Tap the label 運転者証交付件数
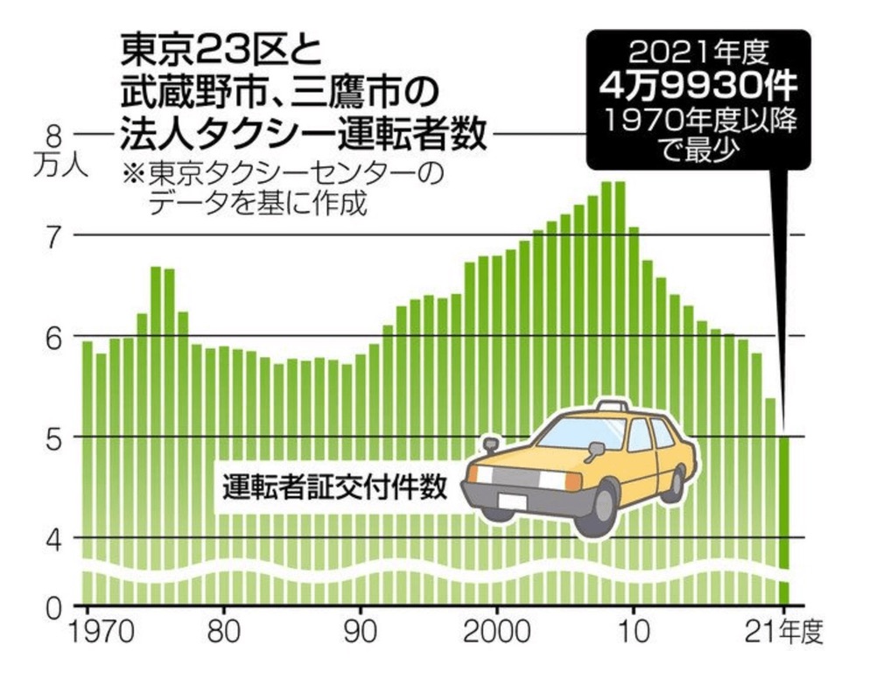[335, 485]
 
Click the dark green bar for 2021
[784, 516]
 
